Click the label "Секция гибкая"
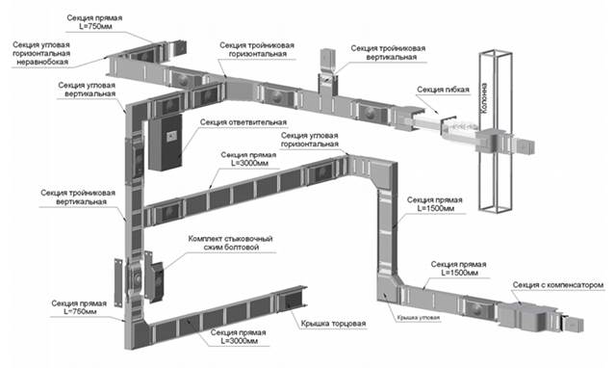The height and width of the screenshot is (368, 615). click(x=443, y=90)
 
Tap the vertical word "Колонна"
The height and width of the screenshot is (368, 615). click(x=484, y=98)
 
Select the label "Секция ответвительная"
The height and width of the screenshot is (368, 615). click(x=243, y=122)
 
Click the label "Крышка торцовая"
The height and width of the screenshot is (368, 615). click(x=333, y=324)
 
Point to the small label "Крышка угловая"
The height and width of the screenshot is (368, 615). click(x=418, y=317)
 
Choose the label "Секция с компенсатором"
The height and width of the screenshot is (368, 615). click(x=558, y=285)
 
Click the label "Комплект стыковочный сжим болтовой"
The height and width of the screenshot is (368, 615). click(x=231, y=243)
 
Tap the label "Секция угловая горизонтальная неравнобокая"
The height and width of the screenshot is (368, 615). click(x=41, y=53)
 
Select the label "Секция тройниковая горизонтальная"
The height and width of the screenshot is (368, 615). click(x=257, y=49)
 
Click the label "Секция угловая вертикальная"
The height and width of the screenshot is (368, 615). click(x=87, y=90)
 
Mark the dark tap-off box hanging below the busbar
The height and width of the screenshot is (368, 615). click(x=166, y=143)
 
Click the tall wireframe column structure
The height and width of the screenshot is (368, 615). click(x=495, y=132)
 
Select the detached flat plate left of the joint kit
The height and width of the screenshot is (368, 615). click(x=118, y=282)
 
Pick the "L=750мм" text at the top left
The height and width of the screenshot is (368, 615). click(x=95, y=26)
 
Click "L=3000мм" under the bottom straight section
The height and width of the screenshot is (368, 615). click(x=240, y=341)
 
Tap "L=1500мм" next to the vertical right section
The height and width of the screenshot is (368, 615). click(x=435, y=208)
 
